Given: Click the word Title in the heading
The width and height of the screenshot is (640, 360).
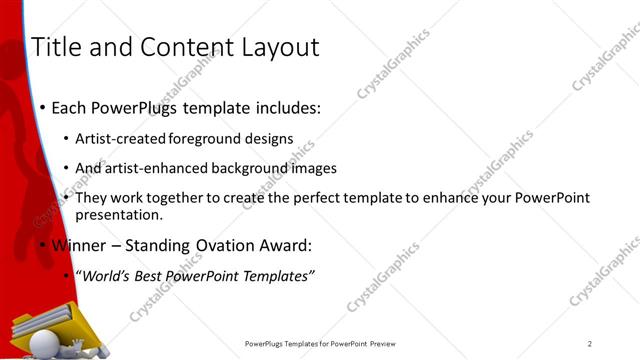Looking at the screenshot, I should (x=57, y=47).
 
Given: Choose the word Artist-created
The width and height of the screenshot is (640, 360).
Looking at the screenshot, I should (x=122, y=139).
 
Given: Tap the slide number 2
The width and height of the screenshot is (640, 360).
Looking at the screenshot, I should (x=590, y=343).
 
